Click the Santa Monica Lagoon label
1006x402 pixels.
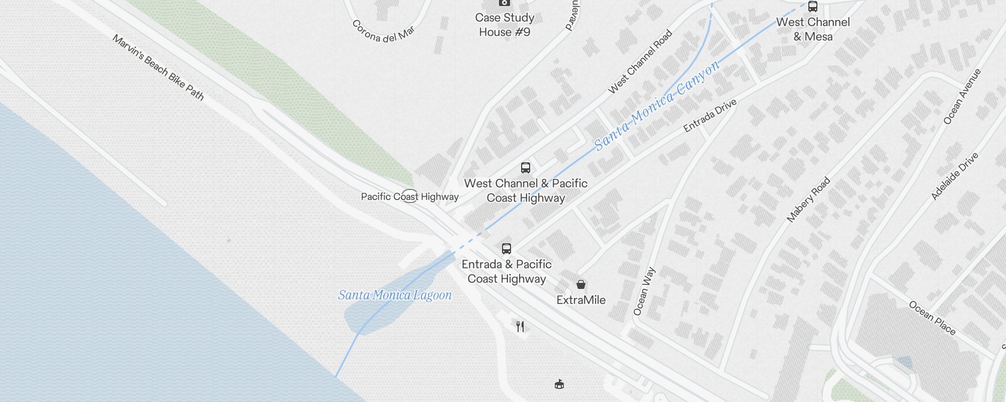[395, 295]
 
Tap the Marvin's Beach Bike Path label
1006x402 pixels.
[158, 67]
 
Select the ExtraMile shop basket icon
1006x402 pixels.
[581, 285]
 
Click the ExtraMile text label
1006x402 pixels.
[581, 300]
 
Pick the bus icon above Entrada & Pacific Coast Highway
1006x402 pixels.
[507, 249]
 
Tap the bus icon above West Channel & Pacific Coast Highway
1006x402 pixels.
[526, 168]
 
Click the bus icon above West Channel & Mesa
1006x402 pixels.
[813, 7]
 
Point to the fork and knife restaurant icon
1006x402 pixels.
[521, 327]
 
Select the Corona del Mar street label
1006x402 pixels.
[383, 32]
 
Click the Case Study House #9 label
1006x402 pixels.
[505, 25]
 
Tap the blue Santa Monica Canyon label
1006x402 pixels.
[657, 106]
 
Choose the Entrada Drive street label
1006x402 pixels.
[710, 116]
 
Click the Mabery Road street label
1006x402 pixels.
[808, 199]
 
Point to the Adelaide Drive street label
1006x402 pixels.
[955, 176]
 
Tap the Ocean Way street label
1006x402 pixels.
[644, 291]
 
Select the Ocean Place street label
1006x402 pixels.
[932, 318]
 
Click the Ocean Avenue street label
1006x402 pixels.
[962, 96]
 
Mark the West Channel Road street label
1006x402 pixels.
[640, 62]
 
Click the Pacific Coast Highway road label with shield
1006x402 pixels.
[409, 196]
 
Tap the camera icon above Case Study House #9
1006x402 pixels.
[504, 3]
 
